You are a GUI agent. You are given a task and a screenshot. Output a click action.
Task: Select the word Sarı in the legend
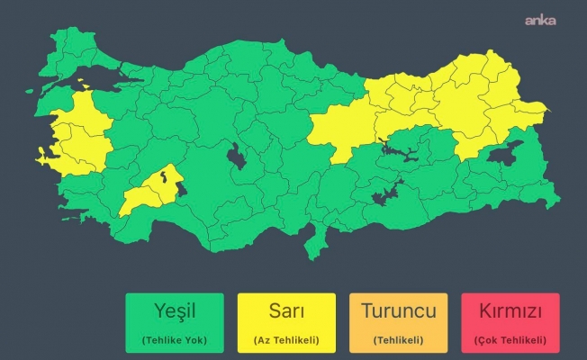coord(286,311)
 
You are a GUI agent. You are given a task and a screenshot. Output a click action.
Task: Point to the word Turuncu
coord(399,311)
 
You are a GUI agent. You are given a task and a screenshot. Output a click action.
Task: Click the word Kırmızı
coord(510,311)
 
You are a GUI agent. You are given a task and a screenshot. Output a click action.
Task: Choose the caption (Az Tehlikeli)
coord(286,339)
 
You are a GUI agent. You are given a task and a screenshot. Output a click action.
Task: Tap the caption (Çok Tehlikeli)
coord(510,339)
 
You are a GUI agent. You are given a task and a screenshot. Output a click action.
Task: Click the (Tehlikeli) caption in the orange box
coord(399,339)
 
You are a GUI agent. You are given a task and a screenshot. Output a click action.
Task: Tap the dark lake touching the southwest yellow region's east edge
coord(179,187)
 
